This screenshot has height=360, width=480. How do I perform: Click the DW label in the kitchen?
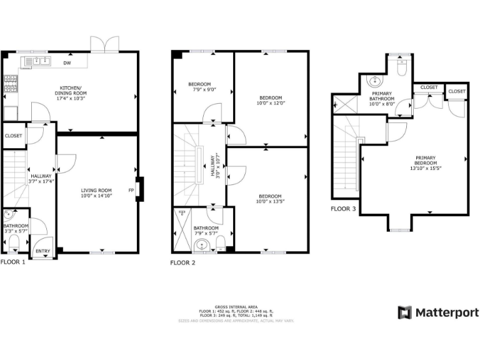click(x=66, y=62)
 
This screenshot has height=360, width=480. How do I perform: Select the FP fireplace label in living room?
click(x=131, y=190)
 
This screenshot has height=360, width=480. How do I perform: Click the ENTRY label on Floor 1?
click(x=42, y=251)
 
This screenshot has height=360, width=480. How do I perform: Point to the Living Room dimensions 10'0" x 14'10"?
click(x=96, y=196)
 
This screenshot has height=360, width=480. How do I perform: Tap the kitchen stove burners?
click(x=11, y=84)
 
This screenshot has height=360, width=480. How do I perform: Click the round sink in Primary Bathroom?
click(x=375, y=81)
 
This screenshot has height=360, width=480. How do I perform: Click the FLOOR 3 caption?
click(x=343, y=209)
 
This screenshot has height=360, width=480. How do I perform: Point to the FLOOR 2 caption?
click(x=182, y=263)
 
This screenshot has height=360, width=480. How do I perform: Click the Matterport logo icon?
click(x=405, y=312)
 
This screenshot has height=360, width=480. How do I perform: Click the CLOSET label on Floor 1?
click(x=14, y=136)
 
